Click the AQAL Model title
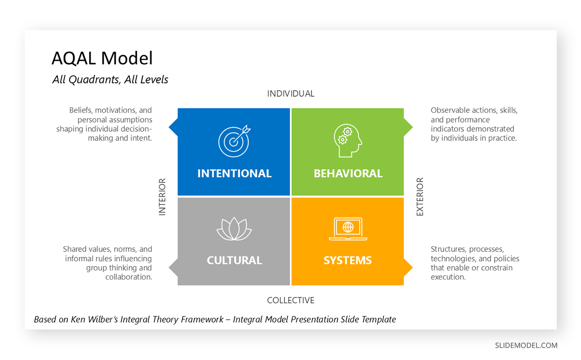102,59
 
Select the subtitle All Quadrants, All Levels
110,80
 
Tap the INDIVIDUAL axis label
290,94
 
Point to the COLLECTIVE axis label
290,300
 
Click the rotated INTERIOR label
162,197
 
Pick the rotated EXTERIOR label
420,197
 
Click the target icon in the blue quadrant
234,141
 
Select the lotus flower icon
234,229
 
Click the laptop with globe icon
348,229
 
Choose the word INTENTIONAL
234,173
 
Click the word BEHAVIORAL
348,173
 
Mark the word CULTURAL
234,261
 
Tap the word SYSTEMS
348,261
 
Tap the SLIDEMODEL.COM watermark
526,345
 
